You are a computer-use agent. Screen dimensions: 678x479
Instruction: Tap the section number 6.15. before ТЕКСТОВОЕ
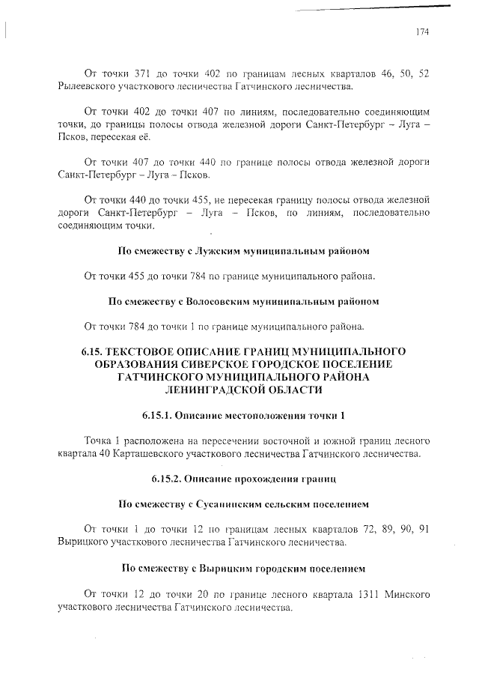click(x=92, y=351)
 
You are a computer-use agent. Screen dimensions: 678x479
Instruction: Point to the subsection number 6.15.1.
click(x=159, y=415)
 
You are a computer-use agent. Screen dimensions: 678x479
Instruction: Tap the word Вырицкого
click(x=86, y=541)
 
